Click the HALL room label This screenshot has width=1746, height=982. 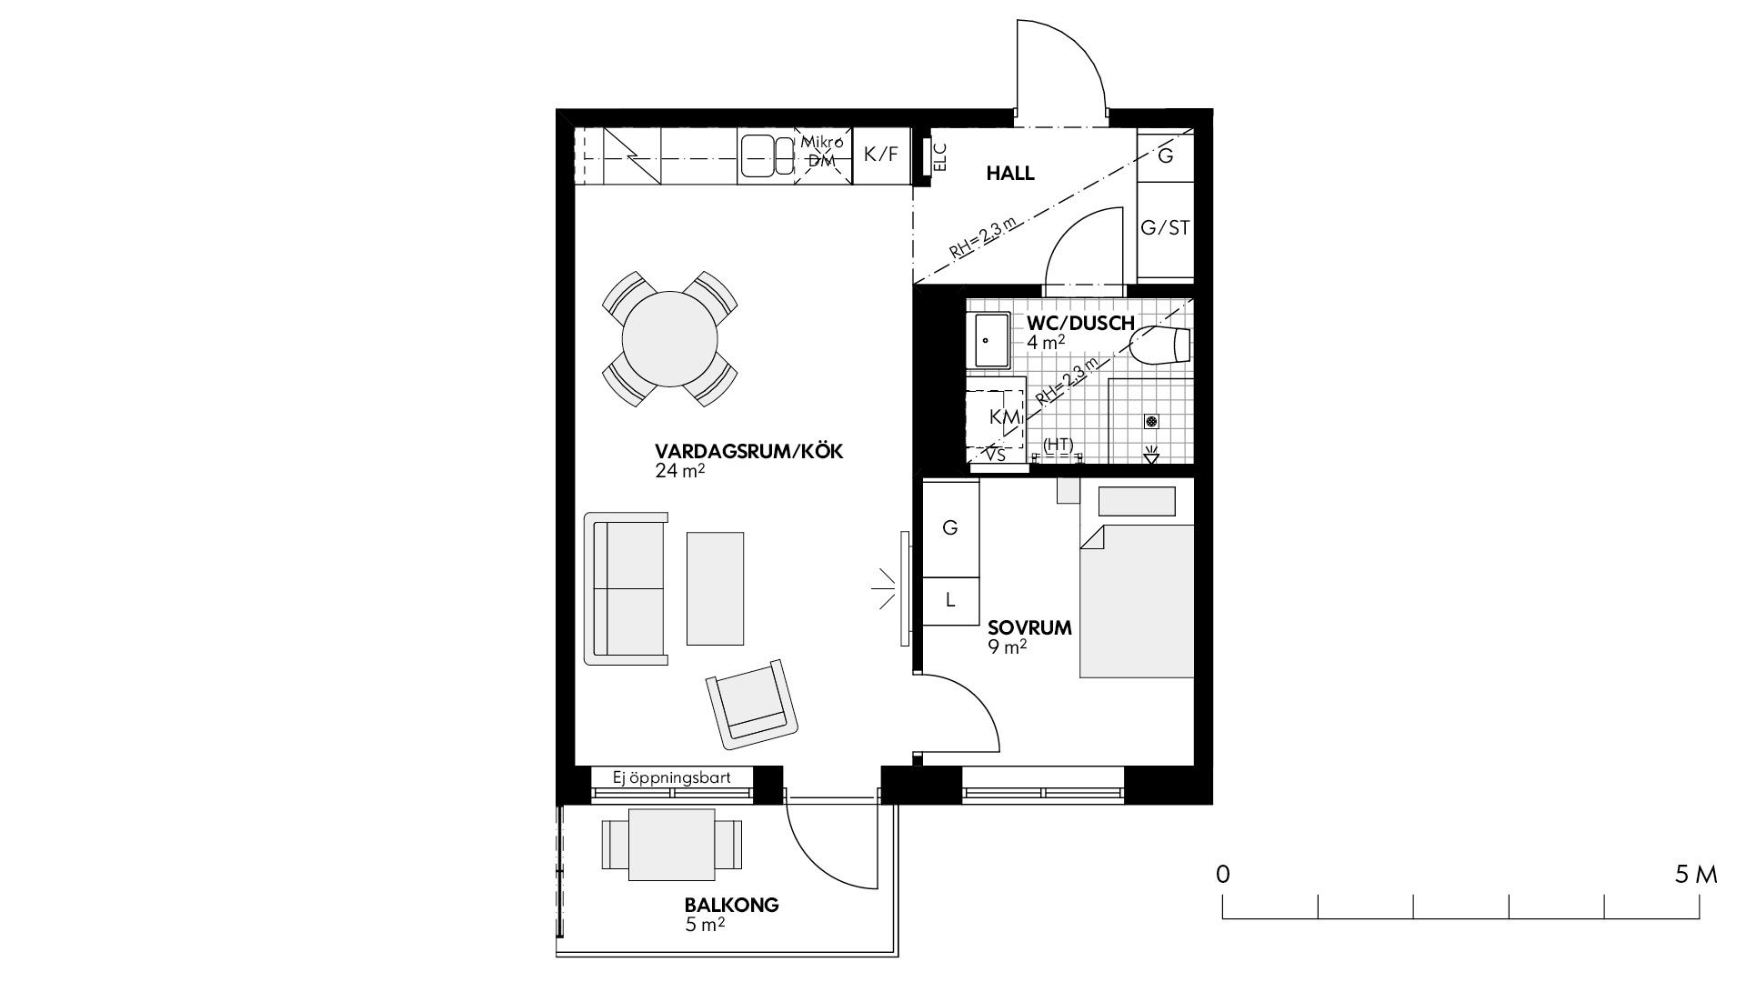1010,173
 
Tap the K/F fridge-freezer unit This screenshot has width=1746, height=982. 880,155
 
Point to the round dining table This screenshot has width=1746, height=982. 670,338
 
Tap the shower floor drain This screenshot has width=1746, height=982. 1151,422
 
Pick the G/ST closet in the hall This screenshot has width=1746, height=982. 1165,229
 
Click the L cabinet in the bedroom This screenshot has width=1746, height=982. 950,600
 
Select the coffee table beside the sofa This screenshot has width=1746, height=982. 715,588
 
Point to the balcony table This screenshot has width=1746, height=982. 671,845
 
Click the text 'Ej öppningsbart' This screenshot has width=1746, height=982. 672,778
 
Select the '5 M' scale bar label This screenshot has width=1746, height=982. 1695,876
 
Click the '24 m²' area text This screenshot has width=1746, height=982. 680,471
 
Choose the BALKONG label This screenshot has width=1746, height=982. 731,906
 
